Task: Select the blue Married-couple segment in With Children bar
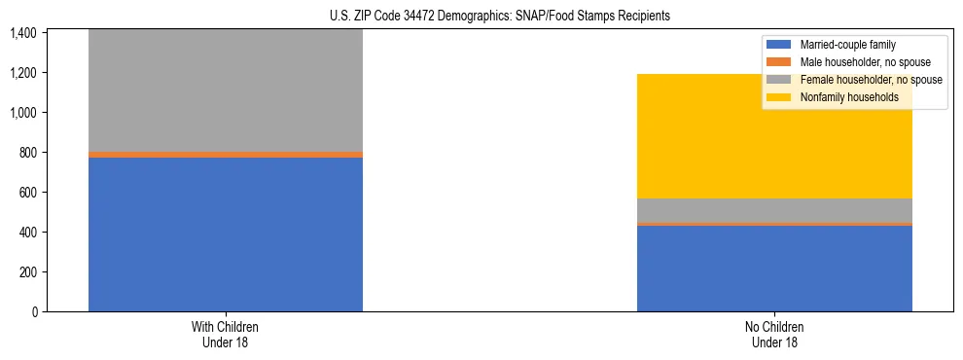[226, 234]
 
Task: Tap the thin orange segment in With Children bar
[226, 154]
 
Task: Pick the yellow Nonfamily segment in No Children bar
[774, 136]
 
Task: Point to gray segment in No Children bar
[774, 210]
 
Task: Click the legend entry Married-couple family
[847, 45]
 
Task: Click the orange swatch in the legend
[779, 62]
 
